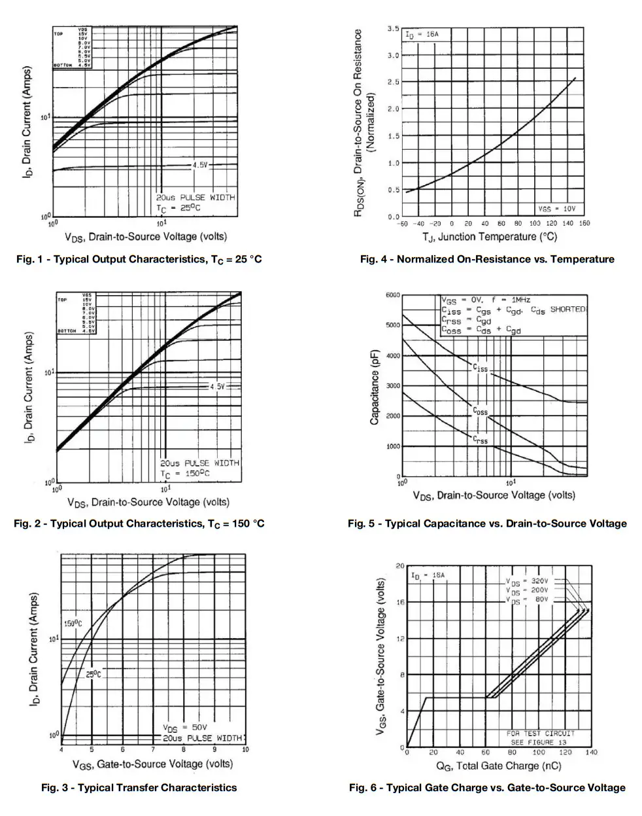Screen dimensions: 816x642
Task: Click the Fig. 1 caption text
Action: click(139, 259)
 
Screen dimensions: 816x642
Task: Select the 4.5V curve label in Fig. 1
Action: click(199, 166)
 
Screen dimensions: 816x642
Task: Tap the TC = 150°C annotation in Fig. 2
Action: click(185, 473)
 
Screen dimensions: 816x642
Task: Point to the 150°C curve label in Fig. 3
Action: click(73, 623)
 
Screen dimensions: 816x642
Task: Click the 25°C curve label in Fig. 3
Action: click(93, 674)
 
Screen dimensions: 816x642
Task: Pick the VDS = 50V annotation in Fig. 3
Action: click(184, 728)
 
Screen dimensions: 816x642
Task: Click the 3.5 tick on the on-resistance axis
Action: click(393, 29)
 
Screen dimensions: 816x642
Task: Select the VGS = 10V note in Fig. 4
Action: click(556, 209)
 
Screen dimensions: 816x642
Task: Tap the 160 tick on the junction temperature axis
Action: click(584, 223)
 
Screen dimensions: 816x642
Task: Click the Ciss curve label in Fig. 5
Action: click(481, 368)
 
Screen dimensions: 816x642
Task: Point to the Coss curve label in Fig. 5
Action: click(481, 412)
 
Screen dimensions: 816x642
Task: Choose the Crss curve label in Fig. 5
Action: click(481, 440)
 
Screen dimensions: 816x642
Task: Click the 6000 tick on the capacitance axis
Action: click(392, 295)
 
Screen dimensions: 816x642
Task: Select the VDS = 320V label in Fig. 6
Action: click(527, 580)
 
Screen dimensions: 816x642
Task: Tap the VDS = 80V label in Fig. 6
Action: click(527, 599)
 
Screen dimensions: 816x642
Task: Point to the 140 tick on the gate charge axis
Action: click(591, 753)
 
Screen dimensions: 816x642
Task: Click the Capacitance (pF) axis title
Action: click(375, 387)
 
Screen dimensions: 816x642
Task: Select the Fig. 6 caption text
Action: click(487, 787)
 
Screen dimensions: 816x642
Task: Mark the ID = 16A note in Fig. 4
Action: click(422, 33)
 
